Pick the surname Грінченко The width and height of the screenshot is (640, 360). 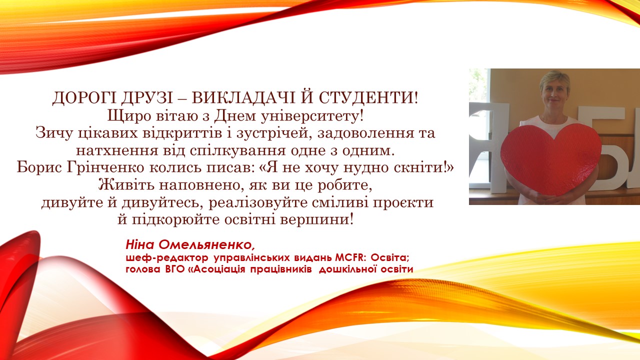(95, 167)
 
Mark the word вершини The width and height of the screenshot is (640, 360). (322, 219)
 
